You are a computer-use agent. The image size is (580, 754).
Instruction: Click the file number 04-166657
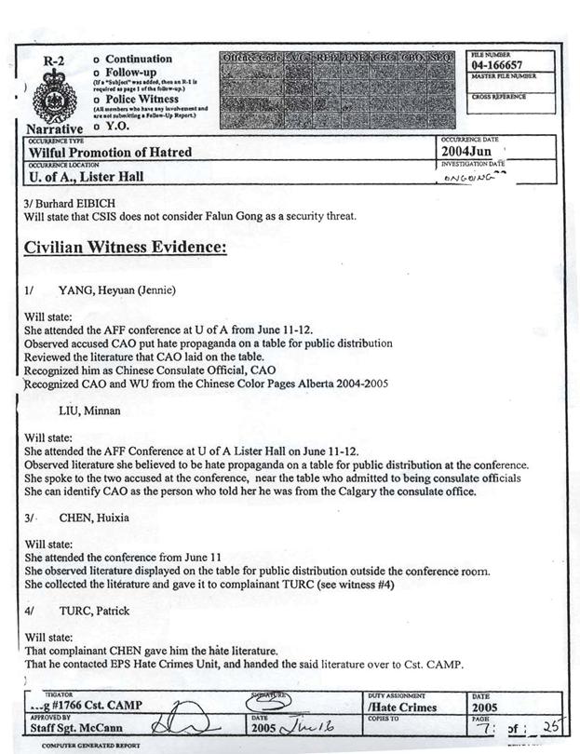pyautogui.click(x=496, y=67)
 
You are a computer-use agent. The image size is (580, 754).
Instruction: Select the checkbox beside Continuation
pyautogui.click(x=97, y=60)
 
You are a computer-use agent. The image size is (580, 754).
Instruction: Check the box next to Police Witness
pyautogui.click(x=97, y=98)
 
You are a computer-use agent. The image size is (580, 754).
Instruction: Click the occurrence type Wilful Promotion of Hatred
pyautogui.click(x=111, y=152)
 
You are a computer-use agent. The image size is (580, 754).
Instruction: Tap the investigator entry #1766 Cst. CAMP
pyautogui.click(x=89, y=707)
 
